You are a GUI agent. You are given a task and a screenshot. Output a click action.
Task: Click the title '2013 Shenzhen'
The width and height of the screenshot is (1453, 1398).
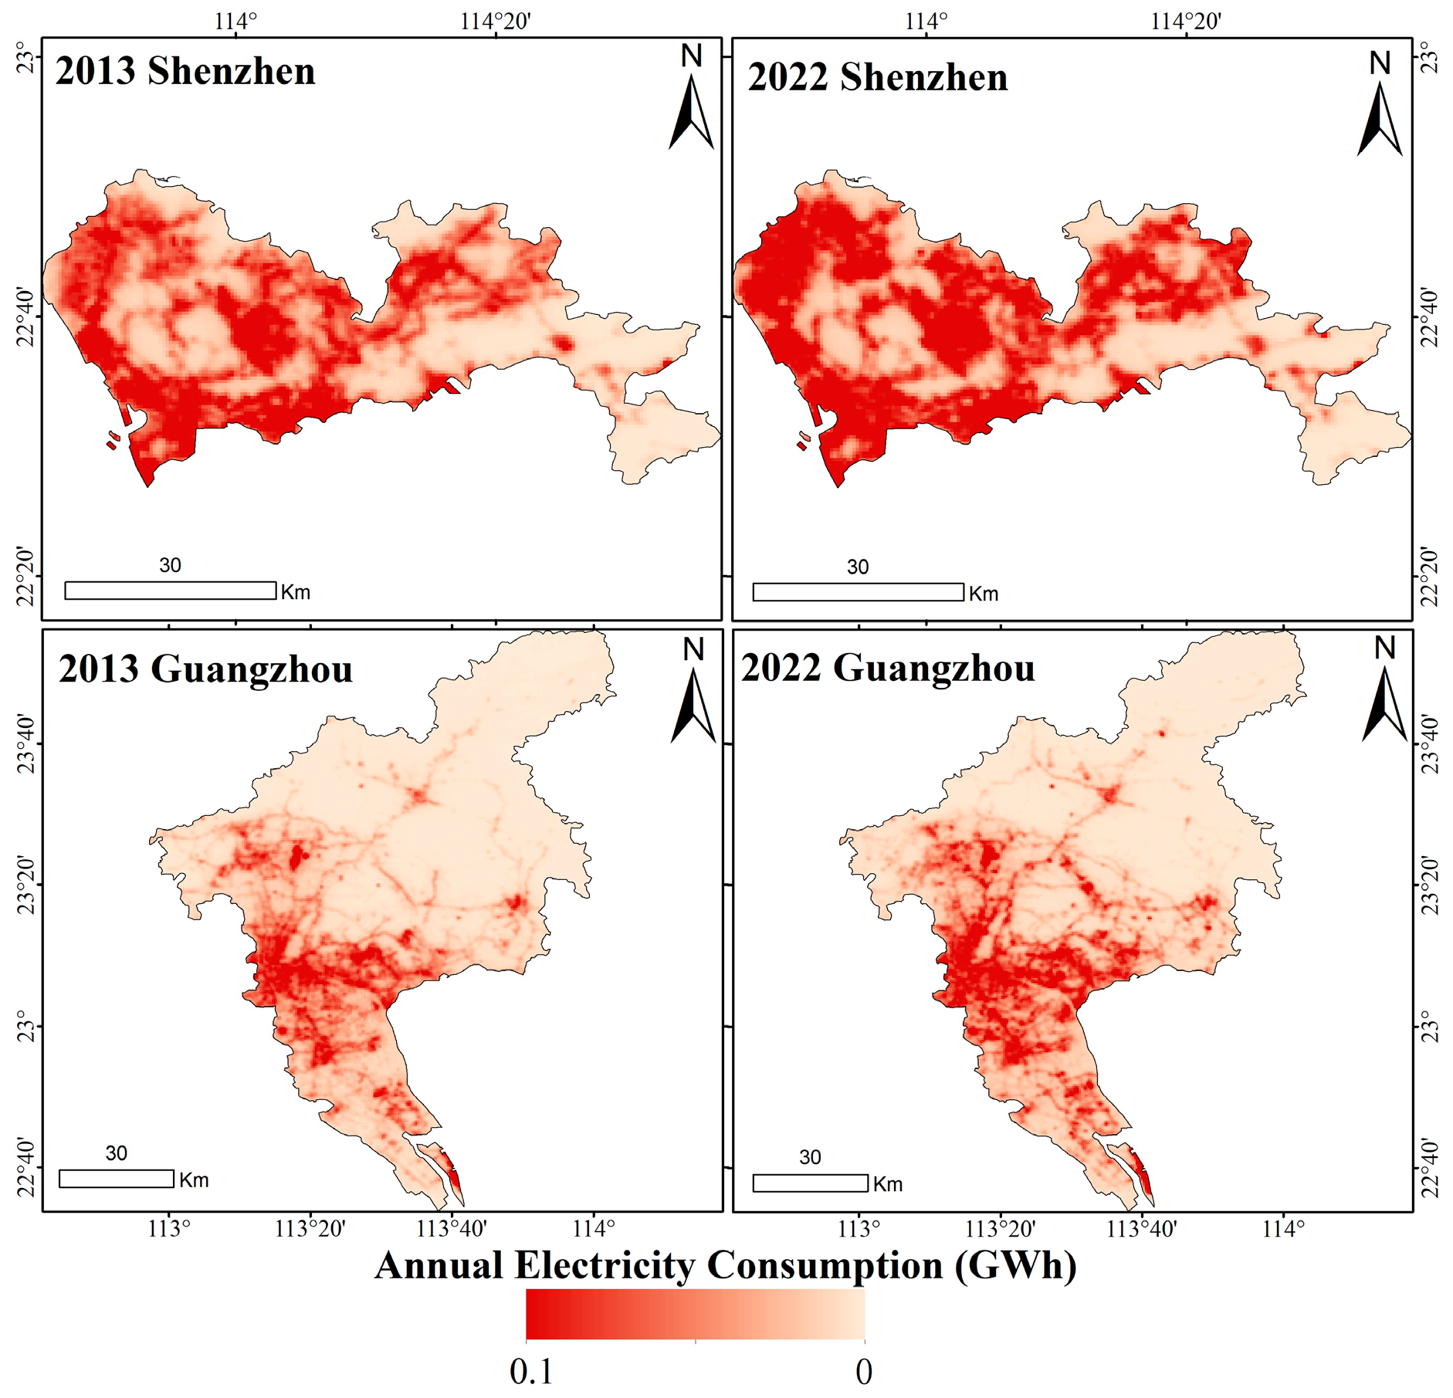[185, 71]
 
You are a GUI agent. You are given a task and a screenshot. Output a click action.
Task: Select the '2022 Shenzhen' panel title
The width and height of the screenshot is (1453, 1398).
[877, 77]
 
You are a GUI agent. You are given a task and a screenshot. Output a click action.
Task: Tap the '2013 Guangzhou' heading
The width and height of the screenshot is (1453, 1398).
[205, 669]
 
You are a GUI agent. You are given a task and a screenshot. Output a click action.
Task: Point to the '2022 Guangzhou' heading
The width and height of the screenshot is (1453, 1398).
[888, 668]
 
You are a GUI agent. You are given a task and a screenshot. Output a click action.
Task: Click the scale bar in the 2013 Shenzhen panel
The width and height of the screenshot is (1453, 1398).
[170, 591]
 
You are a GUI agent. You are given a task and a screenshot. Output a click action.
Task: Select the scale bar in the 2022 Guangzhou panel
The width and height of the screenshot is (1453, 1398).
[810, 1183]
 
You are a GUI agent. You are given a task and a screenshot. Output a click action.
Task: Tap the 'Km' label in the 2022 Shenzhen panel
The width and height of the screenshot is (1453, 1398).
[984, 594]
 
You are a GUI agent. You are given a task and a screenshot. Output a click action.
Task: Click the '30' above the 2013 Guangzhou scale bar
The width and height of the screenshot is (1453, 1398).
[116, 1153]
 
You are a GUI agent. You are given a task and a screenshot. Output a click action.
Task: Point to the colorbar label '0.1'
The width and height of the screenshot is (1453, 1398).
[531, 1372]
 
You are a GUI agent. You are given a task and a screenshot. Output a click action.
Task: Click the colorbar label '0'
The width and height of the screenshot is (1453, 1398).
[864, 1372]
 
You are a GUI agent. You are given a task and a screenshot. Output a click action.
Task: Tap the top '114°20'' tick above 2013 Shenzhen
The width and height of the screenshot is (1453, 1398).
[495, 21]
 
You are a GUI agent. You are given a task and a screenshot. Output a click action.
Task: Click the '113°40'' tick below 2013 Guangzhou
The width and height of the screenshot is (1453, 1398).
[452, 1228]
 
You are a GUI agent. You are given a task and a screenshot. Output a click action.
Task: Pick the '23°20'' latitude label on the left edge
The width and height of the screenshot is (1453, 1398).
[26, 885]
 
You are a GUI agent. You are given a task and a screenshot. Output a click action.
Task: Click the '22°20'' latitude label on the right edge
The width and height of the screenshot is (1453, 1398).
[1429, 577]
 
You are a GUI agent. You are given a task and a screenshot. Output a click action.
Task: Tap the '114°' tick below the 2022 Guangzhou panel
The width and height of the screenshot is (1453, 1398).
[1283, 1228]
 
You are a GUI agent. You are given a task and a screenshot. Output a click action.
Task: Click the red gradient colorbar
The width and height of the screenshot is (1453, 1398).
[695, 1315]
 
